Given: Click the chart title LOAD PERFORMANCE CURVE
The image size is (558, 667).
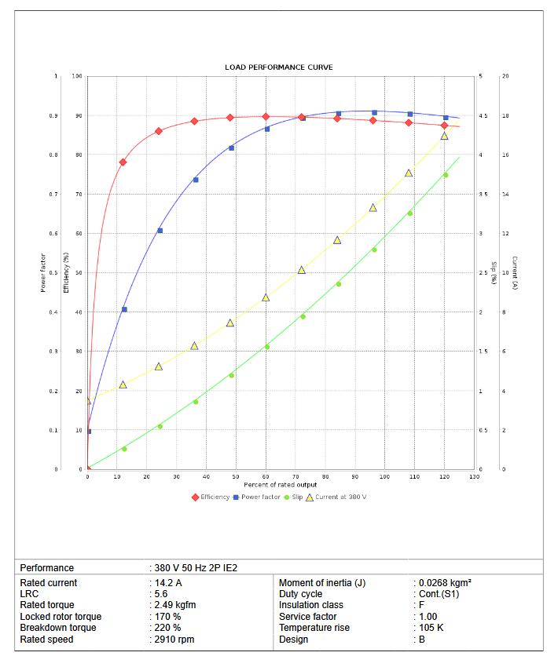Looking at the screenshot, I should tap(278, 67).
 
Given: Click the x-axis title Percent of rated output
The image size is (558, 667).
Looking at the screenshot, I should tap(280, 485).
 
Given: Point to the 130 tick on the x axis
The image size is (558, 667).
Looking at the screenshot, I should tap(474, 476).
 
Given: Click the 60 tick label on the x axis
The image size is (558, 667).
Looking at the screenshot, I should tap(266, 476).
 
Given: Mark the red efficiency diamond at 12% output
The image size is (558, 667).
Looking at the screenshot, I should tap(123, 162).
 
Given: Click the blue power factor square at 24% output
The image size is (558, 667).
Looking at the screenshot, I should tap(160, 231).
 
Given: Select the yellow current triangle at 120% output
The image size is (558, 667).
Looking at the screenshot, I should tap(444, 137).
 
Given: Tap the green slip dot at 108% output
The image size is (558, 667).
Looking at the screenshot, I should tap(409, 213).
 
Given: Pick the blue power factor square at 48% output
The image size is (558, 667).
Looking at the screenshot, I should tap(231, 148).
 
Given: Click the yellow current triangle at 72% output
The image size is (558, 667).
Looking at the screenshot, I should tap(302, 270).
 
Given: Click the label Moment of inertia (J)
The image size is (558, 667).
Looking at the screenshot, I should tap(322, 583).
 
